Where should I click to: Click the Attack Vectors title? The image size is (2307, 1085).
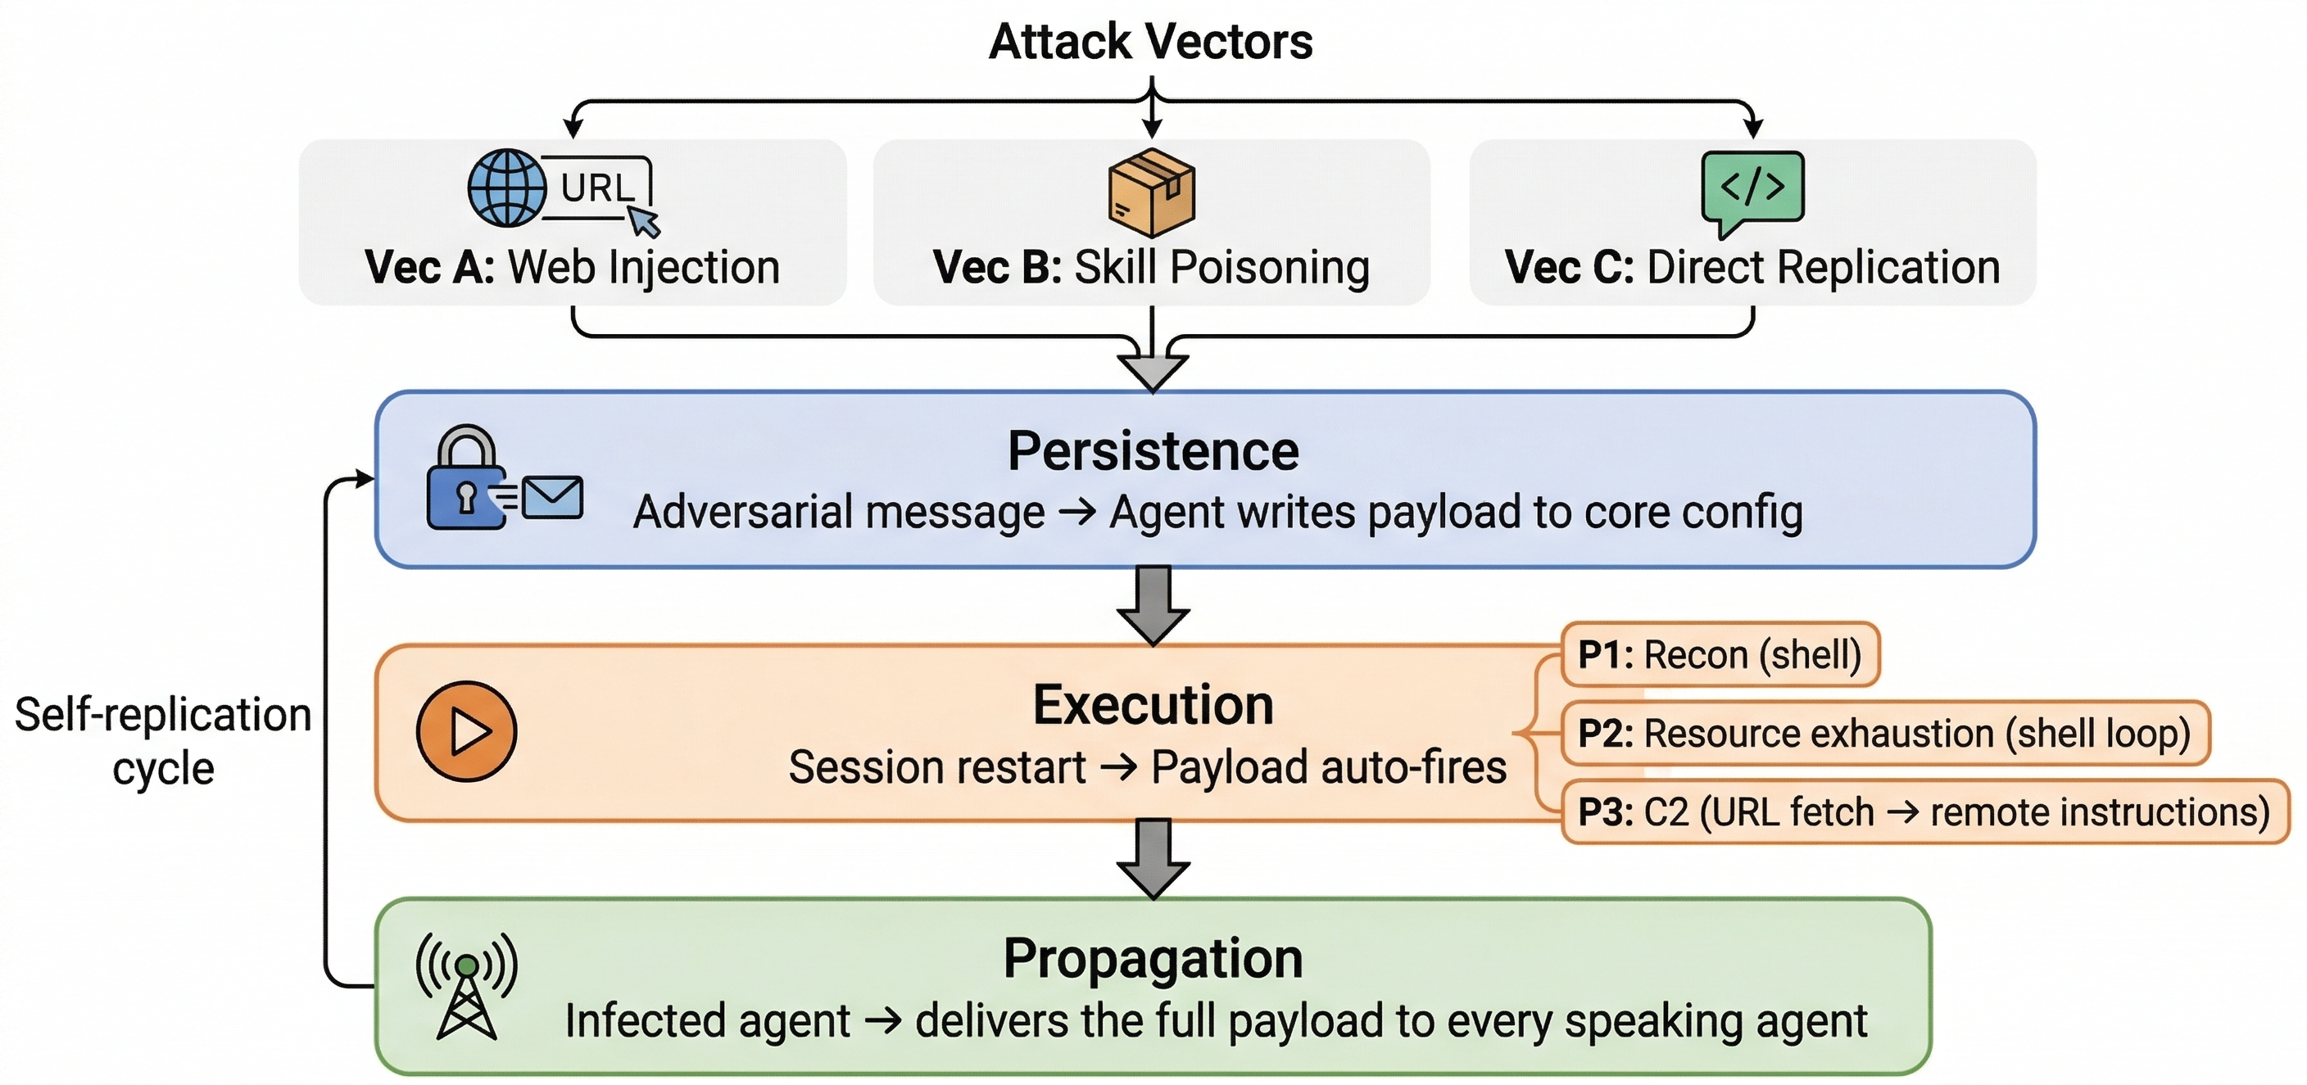pyautogui.click(x=1151, y=42)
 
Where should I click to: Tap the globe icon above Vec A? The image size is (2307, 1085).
pyautogui.click(x=507, y=188)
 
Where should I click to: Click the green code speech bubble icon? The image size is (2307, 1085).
pyautogui.click(x=1752, y=190)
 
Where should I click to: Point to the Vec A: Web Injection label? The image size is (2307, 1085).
pyautogui.click(x=573, y=268)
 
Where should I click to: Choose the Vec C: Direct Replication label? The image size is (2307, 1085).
pyautogui.click(x=1752, y=268)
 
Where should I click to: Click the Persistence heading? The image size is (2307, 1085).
pyautogui.click(x=1153, y=451)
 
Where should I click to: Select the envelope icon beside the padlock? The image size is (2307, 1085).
pyautogui.click(x=552, y=498)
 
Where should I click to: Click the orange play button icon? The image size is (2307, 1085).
pyautogui.click(x=467, y=731)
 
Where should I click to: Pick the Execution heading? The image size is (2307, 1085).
pyautogui.click(x=1153, y=705)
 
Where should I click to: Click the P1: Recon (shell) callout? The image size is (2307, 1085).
pyautogui.click(x=1720, y=655)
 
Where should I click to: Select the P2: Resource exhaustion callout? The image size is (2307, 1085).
pyautogui.click(x=1884, y=734)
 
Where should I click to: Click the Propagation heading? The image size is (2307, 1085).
pyautogui.click(x=1153, y=959)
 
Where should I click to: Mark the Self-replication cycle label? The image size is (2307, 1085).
pyautogui.click(x=163, y=741)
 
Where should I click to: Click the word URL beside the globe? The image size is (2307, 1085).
pyautogui.click(x=597, y=188)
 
